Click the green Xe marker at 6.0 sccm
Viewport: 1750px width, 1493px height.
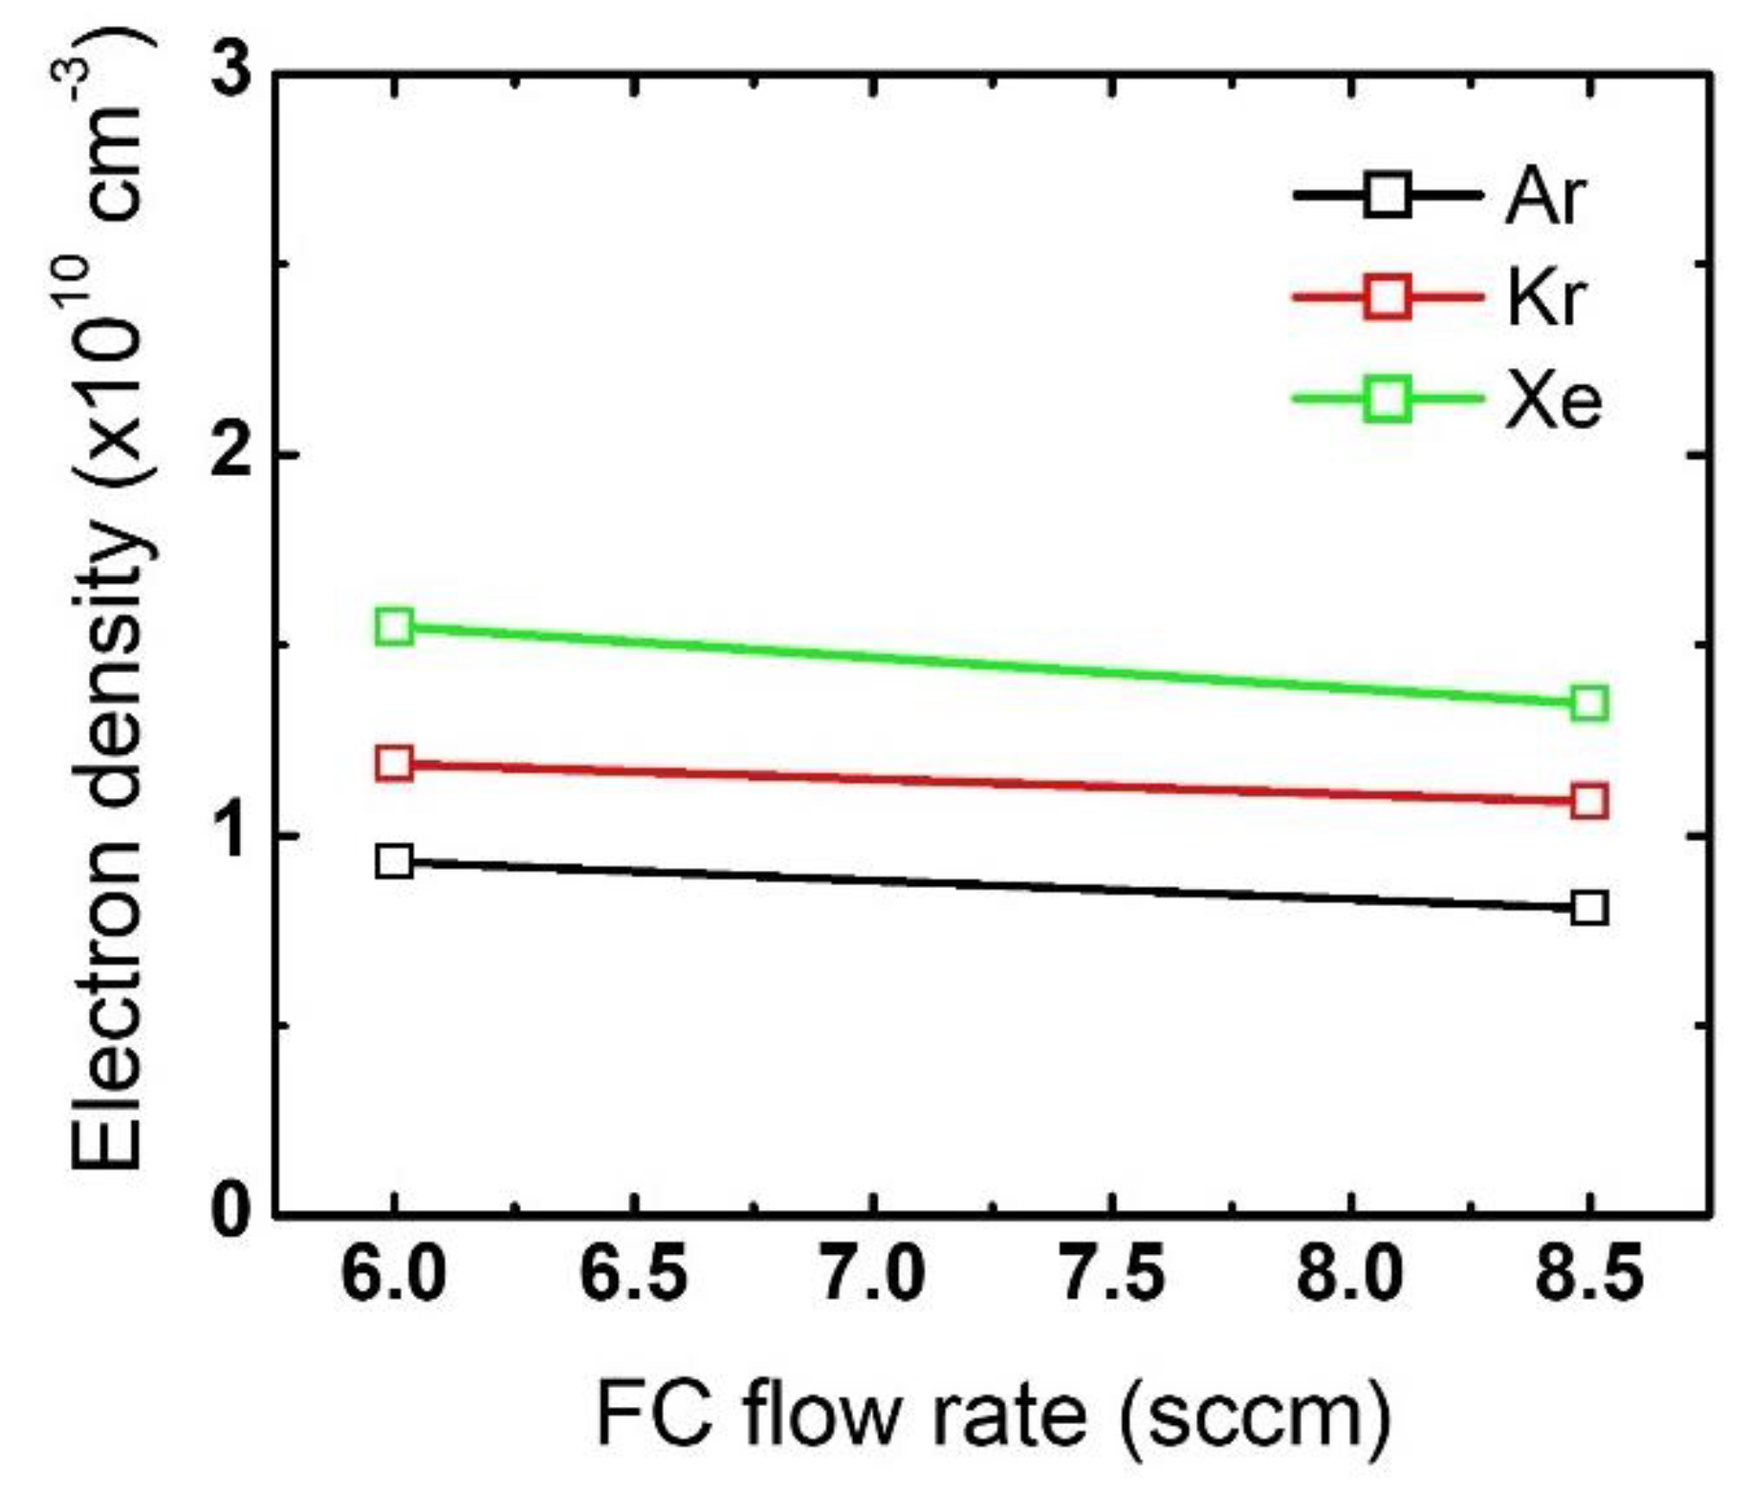pos(394,626)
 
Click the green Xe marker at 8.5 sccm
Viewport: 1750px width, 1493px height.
pos(1588,703)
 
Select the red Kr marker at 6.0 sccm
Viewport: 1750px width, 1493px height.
pos(394,763)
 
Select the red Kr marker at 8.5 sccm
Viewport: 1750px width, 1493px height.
pos(1588,801)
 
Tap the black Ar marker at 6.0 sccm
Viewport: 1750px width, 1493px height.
pos(394,861)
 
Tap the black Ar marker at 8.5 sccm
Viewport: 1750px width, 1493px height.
pos(1588,907)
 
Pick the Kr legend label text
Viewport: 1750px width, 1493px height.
pos(1544,298)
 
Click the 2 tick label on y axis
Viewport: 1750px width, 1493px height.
pos(230,454)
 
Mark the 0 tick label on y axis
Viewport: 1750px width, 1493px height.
pos(230,1215)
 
